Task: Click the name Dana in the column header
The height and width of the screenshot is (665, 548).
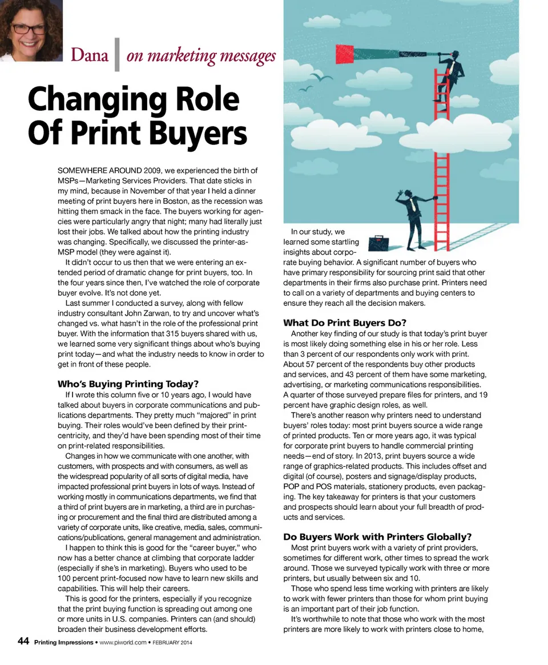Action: point(89,57)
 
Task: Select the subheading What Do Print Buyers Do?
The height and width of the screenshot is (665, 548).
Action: point(345,323)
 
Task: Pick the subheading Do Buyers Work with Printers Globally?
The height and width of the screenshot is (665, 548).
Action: point(377,537)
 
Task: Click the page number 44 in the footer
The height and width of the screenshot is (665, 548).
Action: point(23,642)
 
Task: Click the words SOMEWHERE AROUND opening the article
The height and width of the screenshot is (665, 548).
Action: point(98,171)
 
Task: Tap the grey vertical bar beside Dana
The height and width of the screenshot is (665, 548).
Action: point(117,55)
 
